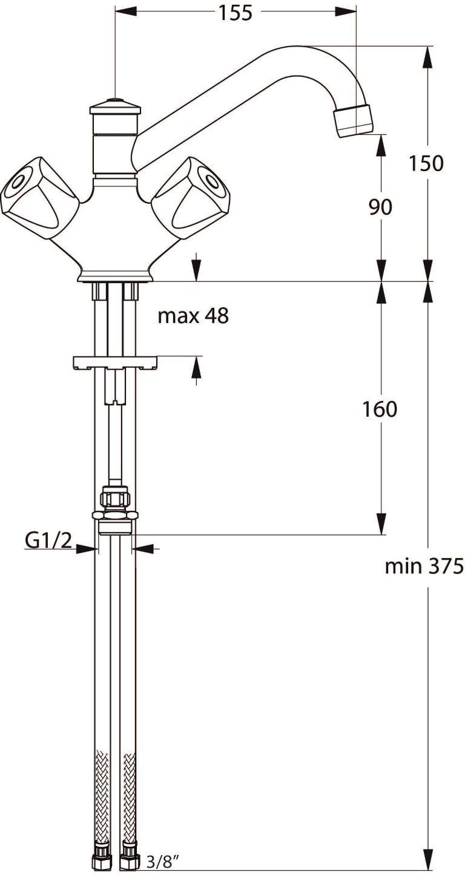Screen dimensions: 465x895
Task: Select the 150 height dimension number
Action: coord(426,163)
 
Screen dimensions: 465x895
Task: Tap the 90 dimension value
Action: coord(380,207)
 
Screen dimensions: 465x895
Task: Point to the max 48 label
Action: coord(193,316)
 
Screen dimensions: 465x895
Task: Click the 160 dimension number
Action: coord(380,409)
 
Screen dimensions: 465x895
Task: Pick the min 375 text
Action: coord(424,566)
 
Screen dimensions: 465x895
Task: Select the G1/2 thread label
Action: coord(48,541)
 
